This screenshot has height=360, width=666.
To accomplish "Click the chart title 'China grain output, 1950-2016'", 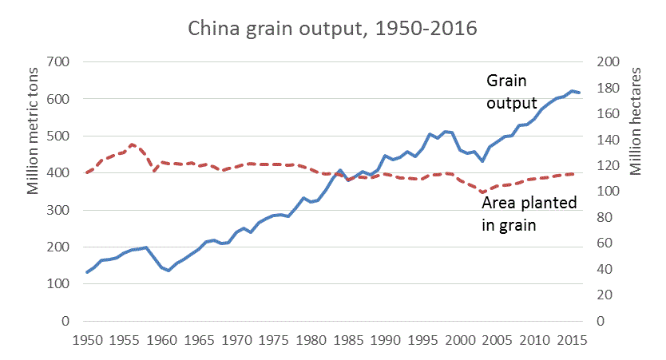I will (x=332, y=29).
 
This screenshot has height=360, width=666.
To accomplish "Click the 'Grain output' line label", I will (x=512, y=90).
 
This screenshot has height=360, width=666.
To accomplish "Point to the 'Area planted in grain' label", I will (x=529, y=214).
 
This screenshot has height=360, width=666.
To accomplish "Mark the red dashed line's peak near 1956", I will (x=132, y=144).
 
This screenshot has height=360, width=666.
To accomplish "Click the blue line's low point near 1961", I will (x=168, y=271).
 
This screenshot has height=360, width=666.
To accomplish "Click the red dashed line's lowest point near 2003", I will (x=482, y=192).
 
